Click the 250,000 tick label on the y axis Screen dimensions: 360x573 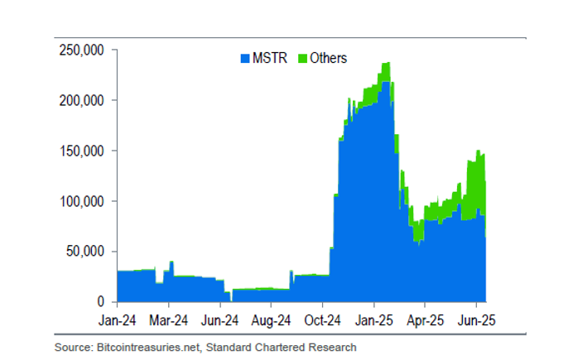point(81,50)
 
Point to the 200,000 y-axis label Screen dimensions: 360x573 point(81,101)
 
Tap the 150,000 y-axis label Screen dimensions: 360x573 point(81,151)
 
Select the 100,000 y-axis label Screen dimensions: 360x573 point(81,202)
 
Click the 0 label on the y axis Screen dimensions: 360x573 point(99,302)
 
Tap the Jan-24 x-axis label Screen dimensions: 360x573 point(118,319)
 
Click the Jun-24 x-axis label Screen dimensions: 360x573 point(220,319)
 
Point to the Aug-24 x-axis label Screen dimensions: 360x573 point(271,319)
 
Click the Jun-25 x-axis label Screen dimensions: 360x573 point(477,319)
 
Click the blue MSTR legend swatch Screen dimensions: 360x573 point(244,59)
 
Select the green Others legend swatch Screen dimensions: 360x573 point(303,59)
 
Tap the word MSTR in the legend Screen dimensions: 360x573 point(267,59)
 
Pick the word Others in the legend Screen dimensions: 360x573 point(329,59)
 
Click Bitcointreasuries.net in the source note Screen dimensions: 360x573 point(139,348)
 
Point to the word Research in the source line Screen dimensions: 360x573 point(335,348)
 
